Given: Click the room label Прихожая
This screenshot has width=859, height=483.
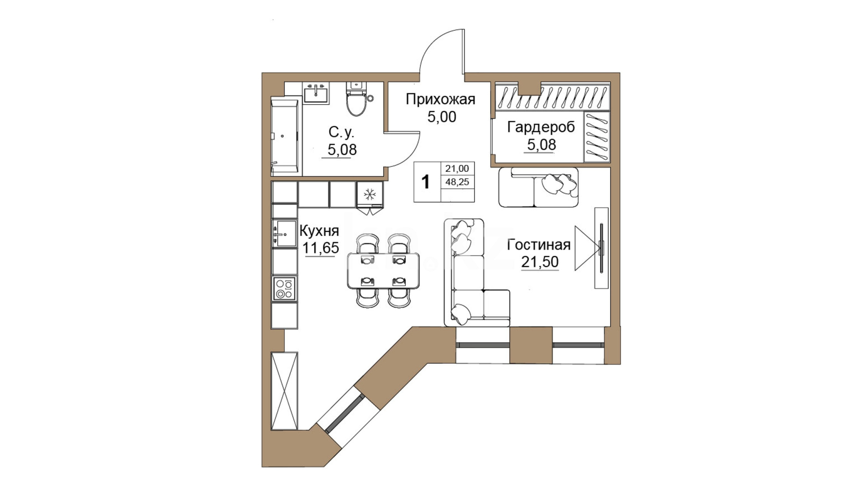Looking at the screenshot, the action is [440, 99].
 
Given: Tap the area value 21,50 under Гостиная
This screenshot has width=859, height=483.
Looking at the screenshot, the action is [540, 262].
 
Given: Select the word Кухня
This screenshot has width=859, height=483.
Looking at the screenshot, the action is [319, 231].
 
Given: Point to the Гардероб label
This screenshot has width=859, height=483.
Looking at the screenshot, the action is [541, 127].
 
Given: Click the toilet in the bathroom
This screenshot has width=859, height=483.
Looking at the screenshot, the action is [357, 98].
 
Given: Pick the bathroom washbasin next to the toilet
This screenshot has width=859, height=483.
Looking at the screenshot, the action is [316, 93].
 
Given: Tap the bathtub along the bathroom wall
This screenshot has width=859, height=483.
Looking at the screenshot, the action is [285, 136].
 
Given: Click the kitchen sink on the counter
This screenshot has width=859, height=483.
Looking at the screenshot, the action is [285, 233].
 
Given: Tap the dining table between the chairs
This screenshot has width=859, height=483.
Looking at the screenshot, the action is [383, 271].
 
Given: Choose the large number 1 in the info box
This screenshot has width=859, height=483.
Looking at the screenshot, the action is [425, 182].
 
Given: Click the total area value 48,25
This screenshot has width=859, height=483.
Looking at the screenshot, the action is [457, 182].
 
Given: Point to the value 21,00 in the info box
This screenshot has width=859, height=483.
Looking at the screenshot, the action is [457, 169].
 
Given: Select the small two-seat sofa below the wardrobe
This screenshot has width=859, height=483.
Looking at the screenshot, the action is [538, 187].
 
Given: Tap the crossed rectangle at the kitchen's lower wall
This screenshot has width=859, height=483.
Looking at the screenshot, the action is [285, 391].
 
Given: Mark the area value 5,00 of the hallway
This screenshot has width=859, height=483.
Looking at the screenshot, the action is [442, 117].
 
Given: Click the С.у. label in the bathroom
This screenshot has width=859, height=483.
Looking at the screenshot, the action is [341, 132].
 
